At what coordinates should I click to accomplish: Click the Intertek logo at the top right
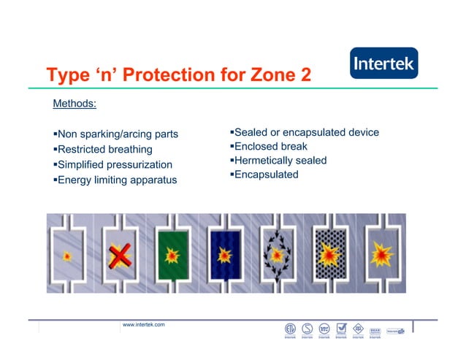point(384,64)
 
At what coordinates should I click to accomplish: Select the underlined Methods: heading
point(75,104)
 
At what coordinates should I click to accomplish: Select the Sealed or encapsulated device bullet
point(304,132)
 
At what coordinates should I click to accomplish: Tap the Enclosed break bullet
point(268,146)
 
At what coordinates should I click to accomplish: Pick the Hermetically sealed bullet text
point(278,160)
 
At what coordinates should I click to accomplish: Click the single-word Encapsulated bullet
point(264,175)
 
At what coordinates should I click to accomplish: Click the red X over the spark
point(121,255)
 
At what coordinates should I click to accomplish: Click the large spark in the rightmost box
point(381,254)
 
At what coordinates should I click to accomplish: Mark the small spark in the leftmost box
point(68,256)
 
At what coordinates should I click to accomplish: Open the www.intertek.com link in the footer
point(143,323)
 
